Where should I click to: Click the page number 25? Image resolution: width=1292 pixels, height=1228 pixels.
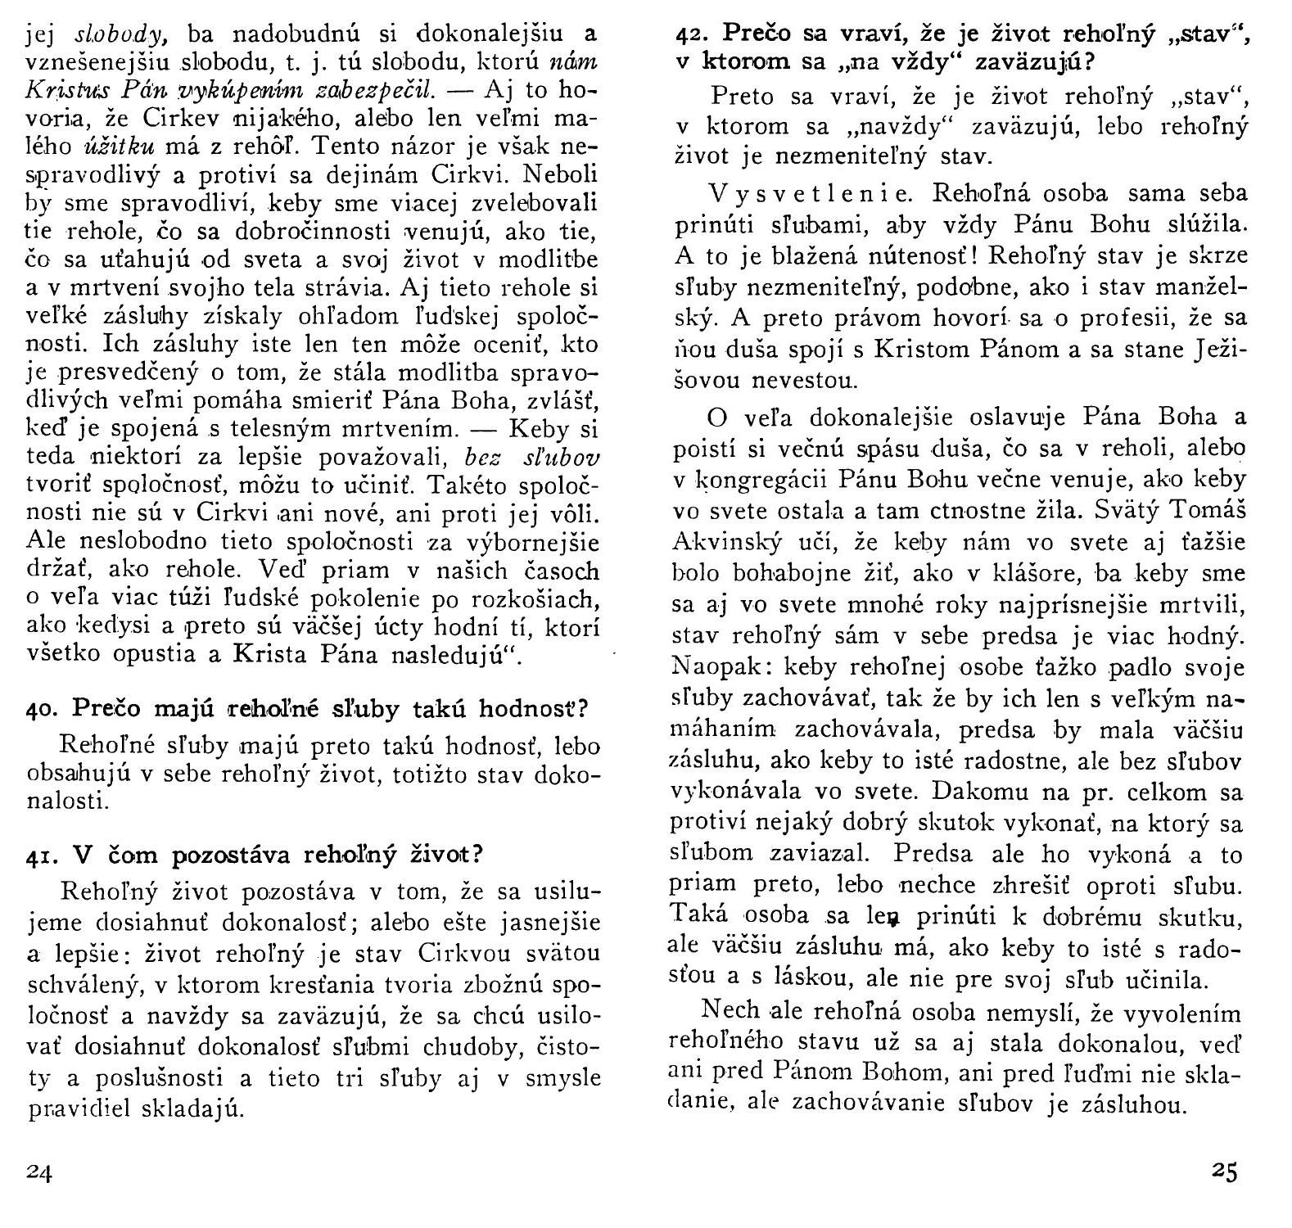1224,1172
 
